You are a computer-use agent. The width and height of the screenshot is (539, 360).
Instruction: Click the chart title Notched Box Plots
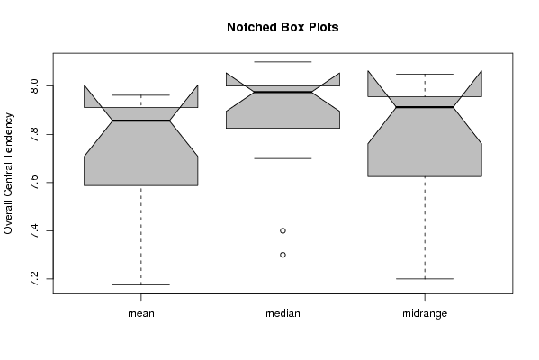pos(283,27)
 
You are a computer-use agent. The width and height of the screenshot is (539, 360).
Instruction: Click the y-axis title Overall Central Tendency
pos(8,174)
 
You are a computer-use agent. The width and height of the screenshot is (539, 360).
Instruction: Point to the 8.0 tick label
pos(34,85)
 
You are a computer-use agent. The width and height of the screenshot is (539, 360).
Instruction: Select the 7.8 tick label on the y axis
pos(34,134)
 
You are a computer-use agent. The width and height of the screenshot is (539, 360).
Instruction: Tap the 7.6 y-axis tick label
pos(34,182)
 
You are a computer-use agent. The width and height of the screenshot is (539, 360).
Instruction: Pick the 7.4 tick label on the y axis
pos(34,230)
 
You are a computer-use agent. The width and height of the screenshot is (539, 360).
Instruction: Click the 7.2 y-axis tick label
pos(34,279)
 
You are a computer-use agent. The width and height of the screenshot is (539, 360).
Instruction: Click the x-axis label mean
pos(141,313)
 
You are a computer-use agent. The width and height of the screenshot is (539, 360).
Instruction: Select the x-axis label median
pos(283,313)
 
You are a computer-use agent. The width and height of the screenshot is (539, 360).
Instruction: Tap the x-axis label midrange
pos(425,313)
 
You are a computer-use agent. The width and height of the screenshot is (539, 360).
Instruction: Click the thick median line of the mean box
pos(141,121)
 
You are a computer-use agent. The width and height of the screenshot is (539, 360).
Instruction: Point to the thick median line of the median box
pos(283,92)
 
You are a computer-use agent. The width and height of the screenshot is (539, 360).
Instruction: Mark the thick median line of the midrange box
pos(425,107)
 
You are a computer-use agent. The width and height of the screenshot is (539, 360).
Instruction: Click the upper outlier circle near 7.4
pos(283,230)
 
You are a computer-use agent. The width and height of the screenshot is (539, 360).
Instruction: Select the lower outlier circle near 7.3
pos(283,255)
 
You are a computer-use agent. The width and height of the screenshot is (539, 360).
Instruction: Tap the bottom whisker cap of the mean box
pos(141,284)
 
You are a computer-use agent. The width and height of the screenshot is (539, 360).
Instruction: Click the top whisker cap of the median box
pos(283,62)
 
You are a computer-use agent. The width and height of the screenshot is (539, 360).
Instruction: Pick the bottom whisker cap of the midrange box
pos(425,278)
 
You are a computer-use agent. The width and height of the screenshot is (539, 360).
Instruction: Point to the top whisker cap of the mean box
pos(141,94)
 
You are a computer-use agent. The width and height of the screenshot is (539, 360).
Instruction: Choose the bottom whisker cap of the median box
pos(283,158)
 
